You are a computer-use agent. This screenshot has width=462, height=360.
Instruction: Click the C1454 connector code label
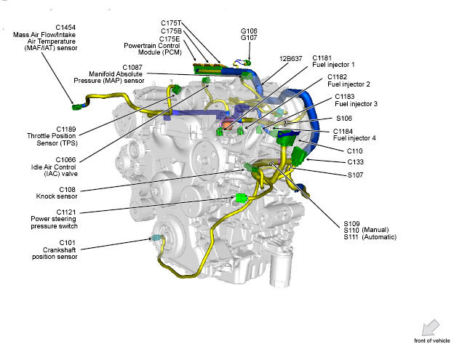(65, 28)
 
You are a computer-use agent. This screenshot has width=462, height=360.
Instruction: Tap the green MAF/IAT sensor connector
(76, 107)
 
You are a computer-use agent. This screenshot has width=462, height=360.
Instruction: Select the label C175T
(171, 23)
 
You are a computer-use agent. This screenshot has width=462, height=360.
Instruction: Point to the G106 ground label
(249, 31)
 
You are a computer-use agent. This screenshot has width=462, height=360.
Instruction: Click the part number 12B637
(290, 59)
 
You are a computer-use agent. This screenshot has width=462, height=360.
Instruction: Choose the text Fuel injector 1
(333, 65)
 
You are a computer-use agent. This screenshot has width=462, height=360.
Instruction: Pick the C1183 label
(345, 97)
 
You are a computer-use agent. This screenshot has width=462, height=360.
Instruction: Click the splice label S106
(344, 119)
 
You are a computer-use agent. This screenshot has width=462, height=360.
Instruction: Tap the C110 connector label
(355, 151)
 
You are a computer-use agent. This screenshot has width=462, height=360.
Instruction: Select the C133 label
(355, 162)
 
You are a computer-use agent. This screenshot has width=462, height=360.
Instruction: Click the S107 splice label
(355, 175)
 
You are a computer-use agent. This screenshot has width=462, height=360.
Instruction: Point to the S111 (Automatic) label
(370, 237)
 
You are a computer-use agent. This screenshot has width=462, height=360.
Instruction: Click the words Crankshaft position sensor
(55, 253)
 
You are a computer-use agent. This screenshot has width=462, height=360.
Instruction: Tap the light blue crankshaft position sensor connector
(156, 237)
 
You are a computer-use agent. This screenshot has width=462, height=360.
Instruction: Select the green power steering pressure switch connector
(242, 199)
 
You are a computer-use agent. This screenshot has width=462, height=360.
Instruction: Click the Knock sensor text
(57, 196)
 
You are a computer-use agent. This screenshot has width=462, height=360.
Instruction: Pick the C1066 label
(65, 160)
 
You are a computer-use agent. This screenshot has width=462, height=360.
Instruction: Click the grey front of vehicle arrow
(431, 328)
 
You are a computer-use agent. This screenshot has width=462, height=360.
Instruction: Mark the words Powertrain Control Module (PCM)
(152, 49)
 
